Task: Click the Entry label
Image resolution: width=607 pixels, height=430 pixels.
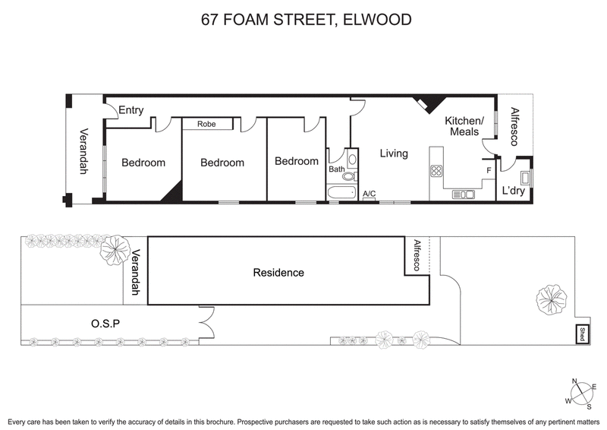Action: (x=131, y=110)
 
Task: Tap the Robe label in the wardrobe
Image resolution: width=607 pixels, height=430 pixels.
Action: (x=206, y=124)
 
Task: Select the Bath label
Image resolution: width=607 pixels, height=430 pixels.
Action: (x=336, y=169)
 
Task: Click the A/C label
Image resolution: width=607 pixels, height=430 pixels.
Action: (x=370, y=194)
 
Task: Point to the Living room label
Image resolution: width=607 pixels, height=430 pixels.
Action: (x=394, y=153)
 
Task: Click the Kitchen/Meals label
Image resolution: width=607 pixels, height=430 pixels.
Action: (x=464, y=127)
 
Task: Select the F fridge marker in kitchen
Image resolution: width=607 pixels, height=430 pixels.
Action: (x=489, y=171)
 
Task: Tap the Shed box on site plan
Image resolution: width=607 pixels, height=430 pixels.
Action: (x=581, y=334)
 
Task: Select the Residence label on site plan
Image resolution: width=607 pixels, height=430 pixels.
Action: (x=278, y=273)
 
